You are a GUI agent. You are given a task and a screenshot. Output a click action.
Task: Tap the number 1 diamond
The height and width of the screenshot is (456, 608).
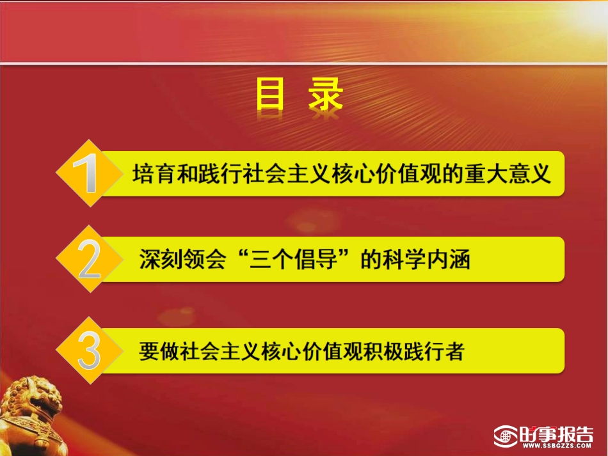click(x=88, y=173)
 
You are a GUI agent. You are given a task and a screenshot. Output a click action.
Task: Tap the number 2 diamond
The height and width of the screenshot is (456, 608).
click(x=88, y=260)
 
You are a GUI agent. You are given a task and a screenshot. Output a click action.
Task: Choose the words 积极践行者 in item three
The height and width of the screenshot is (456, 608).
click(x=422, y=351)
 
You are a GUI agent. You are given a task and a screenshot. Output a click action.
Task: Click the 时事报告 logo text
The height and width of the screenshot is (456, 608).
click(x=557, y=433)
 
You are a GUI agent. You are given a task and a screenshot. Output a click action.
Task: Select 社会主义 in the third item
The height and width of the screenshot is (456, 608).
click(x=215, y=351)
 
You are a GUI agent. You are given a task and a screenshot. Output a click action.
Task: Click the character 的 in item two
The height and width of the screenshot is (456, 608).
click(x=371, y=260)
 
